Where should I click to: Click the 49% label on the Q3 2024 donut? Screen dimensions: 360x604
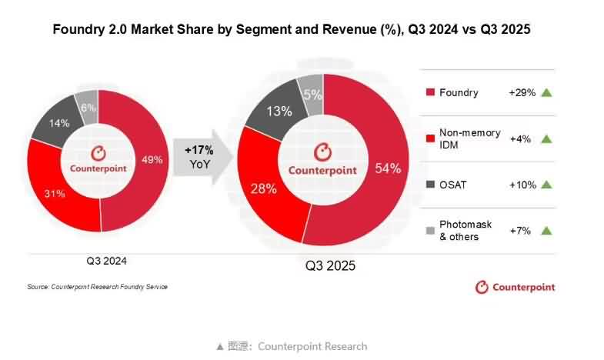[x=152, y=159]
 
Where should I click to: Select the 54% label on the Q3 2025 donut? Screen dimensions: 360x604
[x=388, y=169]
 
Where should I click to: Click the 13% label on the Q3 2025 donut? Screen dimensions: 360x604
[x=278, y=111]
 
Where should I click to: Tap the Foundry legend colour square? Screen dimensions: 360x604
[x=430, y=93]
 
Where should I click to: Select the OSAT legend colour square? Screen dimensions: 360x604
[x=430, y=185]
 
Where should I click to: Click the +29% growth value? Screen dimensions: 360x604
[x=522, y=92]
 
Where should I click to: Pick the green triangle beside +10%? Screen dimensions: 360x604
[x=546, y=185]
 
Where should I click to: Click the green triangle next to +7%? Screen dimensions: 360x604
[x=546, y=231]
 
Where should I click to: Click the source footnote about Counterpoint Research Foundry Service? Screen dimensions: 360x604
[x=97, y=287]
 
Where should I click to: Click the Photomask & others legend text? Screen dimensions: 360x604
[x=466, y=231]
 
